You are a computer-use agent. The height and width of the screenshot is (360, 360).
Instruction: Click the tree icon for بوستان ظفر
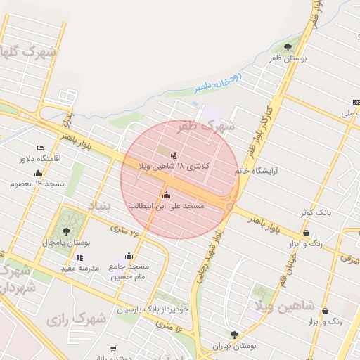coord(288,48)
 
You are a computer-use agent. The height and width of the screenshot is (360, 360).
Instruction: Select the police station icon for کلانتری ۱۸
coord(174,155)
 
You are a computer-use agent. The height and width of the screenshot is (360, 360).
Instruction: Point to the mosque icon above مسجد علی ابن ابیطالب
coord(166,195)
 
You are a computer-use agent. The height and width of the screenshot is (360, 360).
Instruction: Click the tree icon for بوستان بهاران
coord(234,335)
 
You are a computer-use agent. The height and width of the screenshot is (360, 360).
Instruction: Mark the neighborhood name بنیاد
coord(99,205)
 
